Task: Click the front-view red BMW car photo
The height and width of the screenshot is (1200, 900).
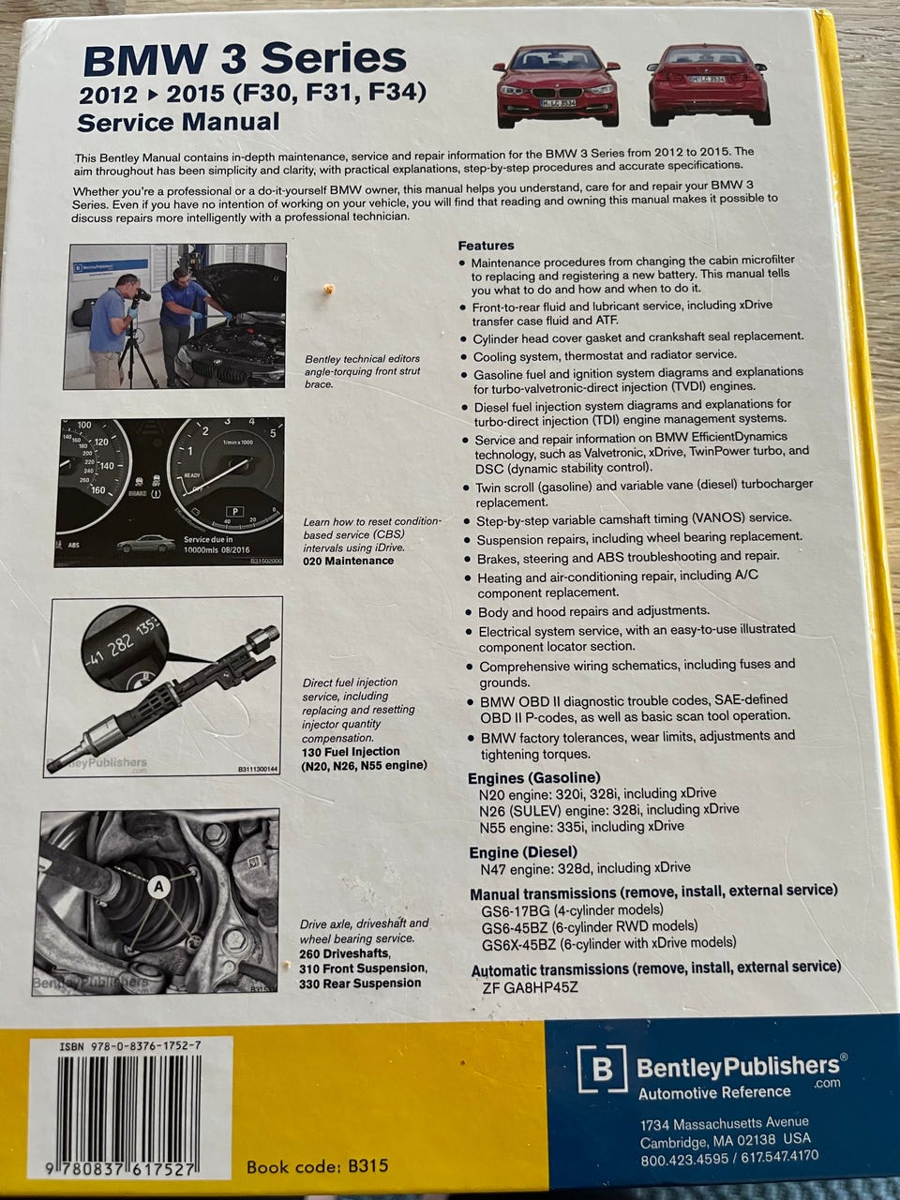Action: [x=556, y=86]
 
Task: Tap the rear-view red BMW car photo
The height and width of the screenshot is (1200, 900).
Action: [x=709, y=84]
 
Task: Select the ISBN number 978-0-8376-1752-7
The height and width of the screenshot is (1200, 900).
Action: [x=130, y=1046]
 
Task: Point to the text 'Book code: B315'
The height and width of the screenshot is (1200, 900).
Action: [x=318, y=1166]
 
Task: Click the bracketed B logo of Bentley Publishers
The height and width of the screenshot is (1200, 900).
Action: [x=602, y=1069]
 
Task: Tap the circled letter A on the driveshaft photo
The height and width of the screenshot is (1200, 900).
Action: [x=158, y=886]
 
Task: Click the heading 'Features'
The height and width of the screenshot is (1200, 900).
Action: [x=486, y=246]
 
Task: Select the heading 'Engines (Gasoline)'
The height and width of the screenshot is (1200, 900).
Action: [x=533, y=777]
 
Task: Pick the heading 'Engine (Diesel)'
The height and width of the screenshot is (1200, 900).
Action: [x=523, y=852]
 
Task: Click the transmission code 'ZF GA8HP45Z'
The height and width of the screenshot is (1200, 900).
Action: [x=530, y=987]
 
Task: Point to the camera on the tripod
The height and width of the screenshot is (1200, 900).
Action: [x=141, y=295]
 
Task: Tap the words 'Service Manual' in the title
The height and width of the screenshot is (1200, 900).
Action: [x=178, y=122]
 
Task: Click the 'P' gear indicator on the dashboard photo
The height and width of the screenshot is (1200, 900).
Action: [x=234, y=512]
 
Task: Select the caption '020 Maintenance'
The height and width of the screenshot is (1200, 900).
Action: [x=348, y=561]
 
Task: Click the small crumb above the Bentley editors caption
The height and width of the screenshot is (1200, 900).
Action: [x=328, y=288]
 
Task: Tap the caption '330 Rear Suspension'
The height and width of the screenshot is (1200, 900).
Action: [x=360, y=982]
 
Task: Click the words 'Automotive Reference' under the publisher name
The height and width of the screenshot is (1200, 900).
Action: [x=714, y=1092]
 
